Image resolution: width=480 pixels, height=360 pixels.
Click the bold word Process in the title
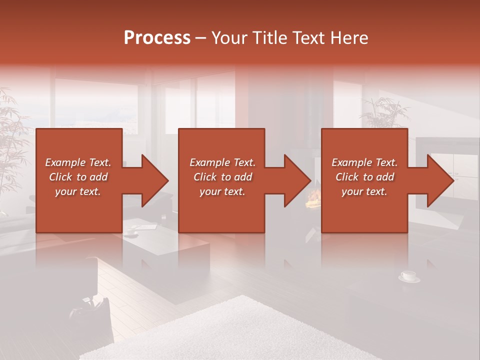click(157, 38)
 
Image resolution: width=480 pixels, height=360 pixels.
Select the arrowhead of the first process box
click(154, 181)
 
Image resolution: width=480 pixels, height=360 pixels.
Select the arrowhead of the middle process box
click(297, 181)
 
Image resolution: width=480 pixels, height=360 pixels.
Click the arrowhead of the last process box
click(440, 181)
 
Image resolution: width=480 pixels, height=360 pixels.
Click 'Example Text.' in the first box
click(78, 162)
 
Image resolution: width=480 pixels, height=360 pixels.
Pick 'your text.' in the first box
click(78, 191)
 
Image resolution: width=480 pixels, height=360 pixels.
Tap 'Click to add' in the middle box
click(222, 177)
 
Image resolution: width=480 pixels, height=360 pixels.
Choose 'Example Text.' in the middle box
click(222, 162)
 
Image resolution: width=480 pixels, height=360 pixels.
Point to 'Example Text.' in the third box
click(364, 162)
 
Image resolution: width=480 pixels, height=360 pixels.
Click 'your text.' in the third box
click(364, 191)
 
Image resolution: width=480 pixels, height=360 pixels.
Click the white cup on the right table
click(409, 276)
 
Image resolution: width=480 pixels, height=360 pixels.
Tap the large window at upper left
click(95, 105)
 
